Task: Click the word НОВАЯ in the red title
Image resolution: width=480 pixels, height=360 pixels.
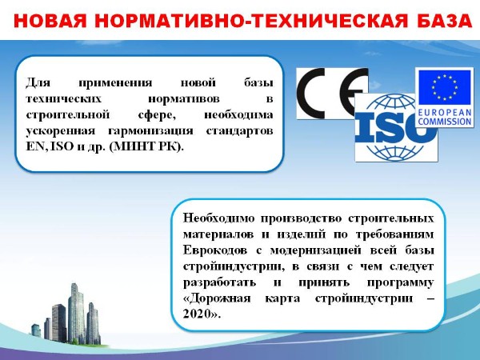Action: click(x=50, y=21)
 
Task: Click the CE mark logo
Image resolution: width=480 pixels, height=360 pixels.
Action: click(x=332, y=94)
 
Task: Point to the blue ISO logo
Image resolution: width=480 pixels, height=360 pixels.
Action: click(x=396, y=128)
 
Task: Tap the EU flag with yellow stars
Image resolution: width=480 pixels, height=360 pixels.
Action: click(x=445, y=87)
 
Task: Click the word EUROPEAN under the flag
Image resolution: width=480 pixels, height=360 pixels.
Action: click(x=445, y=113)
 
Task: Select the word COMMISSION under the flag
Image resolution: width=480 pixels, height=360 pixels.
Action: click(x=445, y=122)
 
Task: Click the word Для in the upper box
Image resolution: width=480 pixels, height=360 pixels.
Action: click(x=38, y=82)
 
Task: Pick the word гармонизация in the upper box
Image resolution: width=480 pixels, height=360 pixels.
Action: click(x=150, y=131)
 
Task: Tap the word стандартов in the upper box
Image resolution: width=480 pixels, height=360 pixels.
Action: click(x=240, y=130)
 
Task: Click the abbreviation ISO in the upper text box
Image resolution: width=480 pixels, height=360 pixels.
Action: click(x=62, y=146)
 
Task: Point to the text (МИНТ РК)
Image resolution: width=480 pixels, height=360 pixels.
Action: click(x=146, y=147)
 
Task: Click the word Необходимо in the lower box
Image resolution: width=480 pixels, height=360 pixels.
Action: click(x=218, y=218)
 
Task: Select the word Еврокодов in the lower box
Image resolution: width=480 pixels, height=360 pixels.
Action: click(x=215, y=250)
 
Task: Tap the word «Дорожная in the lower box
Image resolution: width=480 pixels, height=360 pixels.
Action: click(x=217, y=298)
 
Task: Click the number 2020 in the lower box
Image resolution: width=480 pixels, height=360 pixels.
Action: click(x=198, y=314)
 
